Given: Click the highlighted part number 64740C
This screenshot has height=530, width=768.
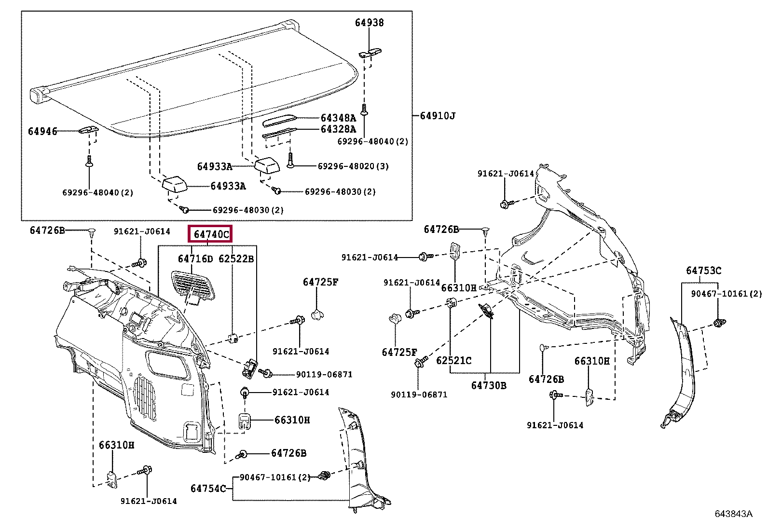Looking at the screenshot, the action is point(211,234).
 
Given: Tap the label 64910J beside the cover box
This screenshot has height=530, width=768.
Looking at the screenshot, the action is point(438,116).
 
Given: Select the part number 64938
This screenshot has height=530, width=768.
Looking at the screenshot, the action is point(369,23).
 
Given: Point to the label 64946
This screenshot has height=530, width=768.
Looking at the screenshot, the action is point(42,131).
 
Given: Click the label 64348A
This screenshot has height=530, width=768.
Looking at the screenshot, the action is point(338,118).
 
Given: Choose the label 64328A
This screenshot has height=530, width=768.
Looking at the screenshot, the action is point(338,129).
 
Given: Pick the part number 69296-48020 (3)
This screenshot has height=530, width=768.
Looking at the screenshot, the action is point(353,166).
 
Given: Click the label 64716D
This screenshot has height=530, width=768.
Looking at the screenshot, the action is point(195,259).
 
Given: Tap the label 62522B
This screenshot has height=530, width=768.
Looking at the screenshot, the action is point(236,259).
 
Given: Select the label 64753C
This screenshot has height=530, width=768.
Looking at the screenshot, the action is point(703,271).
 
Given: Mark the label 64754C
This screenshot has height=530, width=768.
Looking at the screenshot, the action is point(208,489).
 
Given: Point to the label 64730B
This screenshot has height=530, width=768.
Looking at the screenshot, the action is point(489,386).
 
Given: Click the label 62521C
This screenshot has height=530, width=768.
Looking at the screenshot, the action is point(453,361).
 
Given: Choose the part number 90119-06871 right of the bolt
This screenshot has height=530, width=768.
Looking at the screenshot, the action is point(324,375).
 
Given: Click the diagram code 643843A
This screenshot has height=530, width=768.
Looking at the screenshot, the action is point(733,514).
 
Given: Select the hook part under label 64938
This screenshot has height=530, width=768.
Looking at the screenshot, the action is point(370,53).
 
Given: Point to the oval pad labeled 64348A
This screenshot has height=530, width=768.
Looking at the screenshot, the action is point(279,121).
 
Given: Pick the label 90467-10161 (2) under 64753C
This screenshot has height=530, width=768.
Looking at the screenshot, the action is point(727,294).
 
